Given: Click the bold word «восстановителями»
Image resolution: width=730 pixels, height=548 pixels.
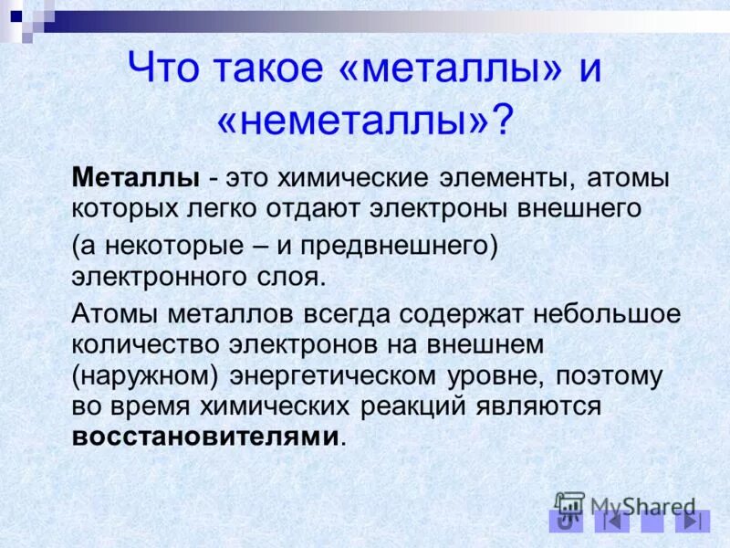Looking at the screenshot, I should (x=205, y=436).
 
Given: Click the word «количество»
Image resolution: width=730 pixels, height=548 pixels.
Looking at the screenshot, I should (x=146, y=344).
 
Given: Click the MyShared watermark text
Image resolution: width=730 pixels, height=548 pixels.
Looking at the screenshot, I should (x=641, y=506).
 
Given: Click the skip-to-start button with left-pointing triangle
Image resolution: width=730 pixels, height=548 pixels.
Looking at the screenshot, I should (x=611, y=522).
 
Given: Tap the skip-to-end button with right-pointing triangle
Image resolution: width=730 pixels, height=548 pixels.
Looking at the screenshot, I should (x=692, y=522).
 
